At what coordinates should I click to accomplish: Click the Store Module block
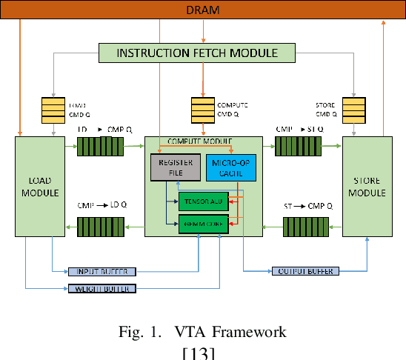(369, 187)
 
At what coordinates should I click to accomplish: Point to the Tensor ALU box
(202, 201)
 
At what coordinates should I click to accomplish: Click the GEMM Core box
(202, 223)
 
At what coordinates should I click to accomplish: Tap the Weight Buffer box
(102, 288)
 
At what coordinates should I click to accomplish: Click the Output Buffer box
(304, 271)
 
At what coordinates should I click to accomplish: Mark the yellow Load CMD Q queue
(55, 111)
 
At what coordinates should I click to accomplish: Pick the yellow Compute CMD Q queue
(202, 111)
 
